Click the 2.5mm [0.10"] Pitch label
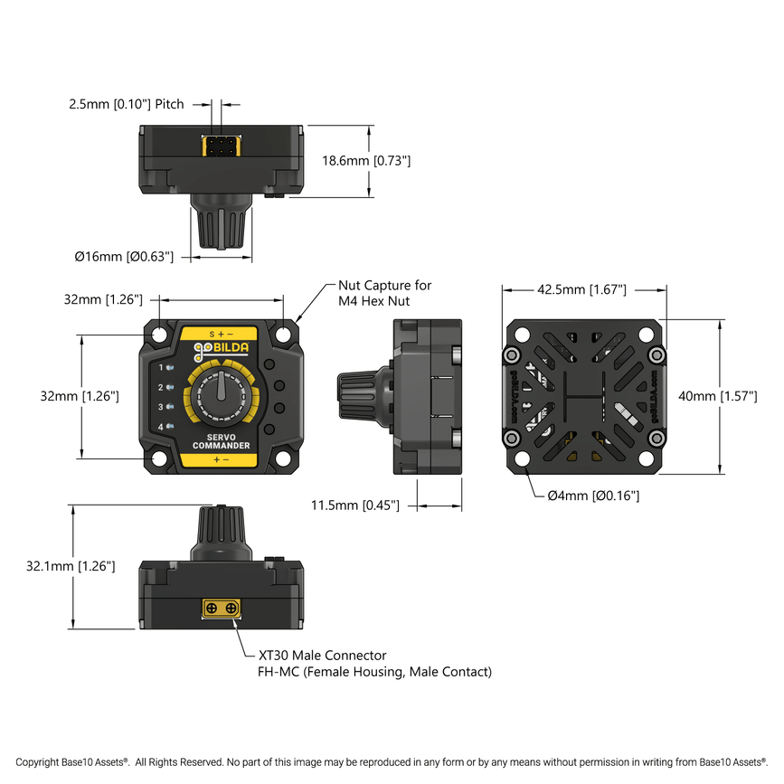click(126, 104)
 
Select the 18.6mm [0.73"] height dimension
click(366, 161)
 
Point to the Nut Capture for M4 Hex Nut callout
click(384, 292)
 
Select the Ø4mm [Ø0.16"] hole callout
click(593, 496)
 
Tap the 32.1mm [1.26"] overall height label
click(71, 566)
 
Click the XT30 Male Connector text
click(322, 656)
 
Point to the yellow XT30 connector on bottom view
click(221, 609)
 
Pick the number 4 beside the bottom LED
click(161, 427)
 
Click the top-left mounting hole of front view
click(159, 335)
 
